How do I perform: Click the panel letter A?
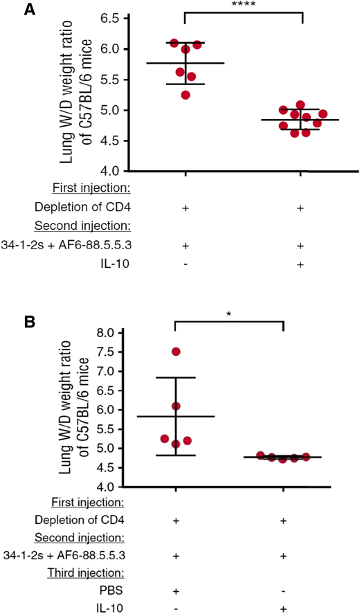coord(10,9)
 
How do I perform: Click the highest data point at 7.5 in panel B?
coord(176,352)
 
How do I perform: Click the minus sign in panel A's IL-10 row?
coord(185,264)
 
